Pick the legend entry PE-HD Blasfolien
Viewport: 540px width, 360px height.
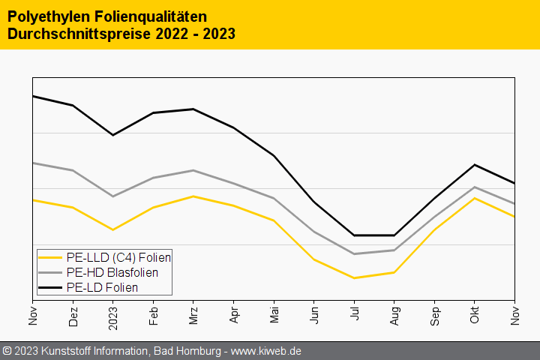(x=112, y=272)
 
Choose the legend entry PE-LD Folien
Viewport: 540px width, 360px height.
(x=102, y=287)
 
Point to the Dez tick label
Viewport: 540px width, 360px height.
(x=73, y=315)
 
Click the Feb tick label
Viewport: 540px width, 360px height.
(x=153, y=315)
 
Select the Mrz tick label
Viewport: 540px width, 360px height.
(x=193, y=315)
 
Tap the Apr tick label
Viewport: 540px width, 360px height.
(x=234, y=315)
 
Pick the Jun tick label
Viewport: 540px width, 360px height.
(x=314, y=315)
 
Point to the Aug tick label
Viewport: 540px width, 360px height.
(x=394, y=315)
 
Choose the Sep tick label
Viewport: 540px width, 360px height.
(x=434, y=315)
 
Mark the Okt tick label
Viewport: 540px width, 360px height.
(x=475, y=316)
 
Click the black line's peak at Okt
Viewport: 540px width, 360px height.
(x=475, y=164)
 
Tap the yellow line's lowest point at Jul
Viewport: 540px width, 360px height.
(x=354, y=278)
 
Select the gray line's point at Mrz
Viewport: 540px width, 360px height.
(x=193, y=170)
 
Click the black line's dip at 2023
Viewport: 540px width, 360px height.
(x=113, y=135)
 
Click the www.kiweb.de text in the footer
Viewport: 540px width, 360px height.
(x=275, y=351)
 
